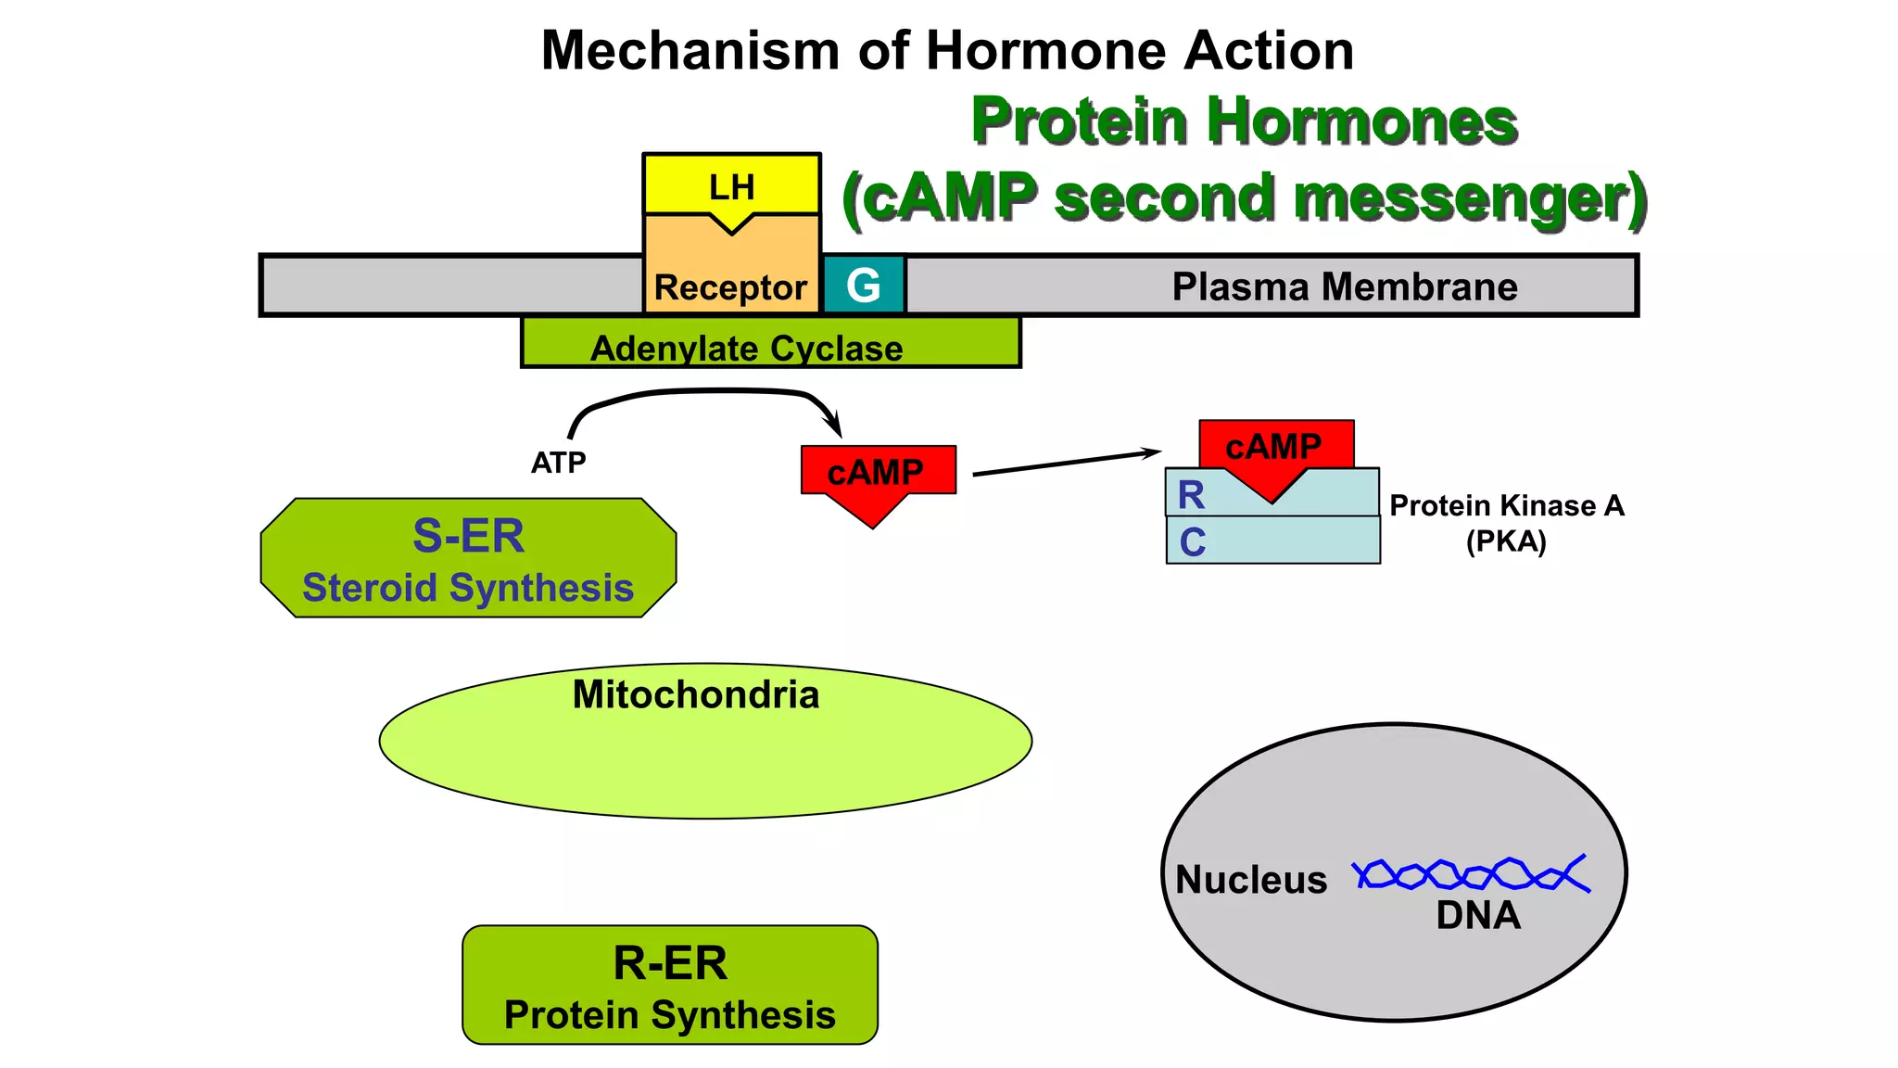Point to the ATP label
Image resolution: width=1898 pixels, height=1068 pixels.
tap(558, 462)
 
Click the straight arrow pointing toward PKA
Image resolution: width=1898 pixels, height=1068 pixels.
tap(1066, 463)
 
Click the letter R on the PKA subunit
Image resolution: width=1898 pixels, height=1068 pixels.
tap(1191, 495)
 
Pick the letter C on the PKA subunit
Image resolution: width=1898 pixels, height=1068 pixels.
tap(1192, 542)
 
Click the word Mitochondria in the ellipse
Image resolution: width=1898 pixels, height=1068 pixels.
tap(695, 695)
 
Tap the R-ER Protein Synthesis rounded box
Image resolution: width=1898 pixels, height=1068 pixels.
tap(669, 985)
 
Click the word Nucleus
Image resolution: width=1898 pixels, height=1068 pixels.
tap(1251, 880)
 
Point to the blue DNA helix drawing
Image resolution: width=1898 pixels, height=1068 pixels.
tap(1471, 873)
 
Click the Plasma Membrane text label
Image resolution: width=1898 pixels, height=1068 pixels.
tap(1344, 286)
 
